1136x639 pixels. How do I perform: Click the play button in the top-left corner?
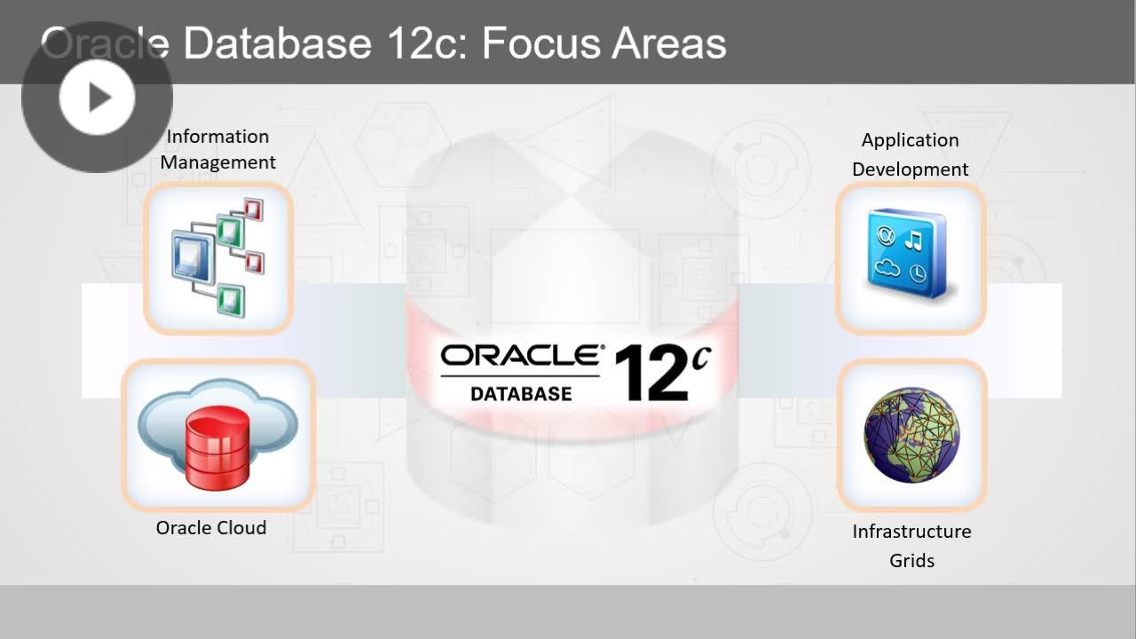97,98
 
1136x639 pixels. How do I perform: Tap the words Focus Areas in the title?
603,43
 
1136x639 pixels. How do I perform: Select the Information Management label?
217,149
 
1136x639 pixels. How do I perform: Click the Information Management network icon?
218,257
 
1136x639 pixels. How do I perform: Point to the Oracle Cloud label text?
211,527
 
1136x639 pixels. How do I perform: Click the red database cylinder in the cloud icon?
217,449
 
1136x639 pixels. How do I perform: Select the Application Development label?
910,154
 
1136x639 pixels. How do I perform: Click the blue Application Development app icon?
911,257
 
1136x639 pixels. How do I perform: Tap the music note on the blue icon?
912,240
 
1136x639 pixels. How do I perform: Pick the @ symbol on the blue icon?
885,237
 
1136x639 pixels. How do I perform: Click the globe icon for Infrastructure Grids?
911,435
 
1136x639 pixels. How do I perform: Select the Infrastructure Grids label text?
911,545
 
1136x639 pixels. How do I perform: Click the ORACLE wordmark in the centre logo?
521,357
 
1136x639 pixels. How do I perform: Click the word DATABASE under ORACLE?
521,392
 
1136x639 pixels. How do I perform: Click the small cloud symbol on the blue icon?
887,268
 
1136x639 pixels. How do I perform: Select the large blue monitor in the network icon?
190,256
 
